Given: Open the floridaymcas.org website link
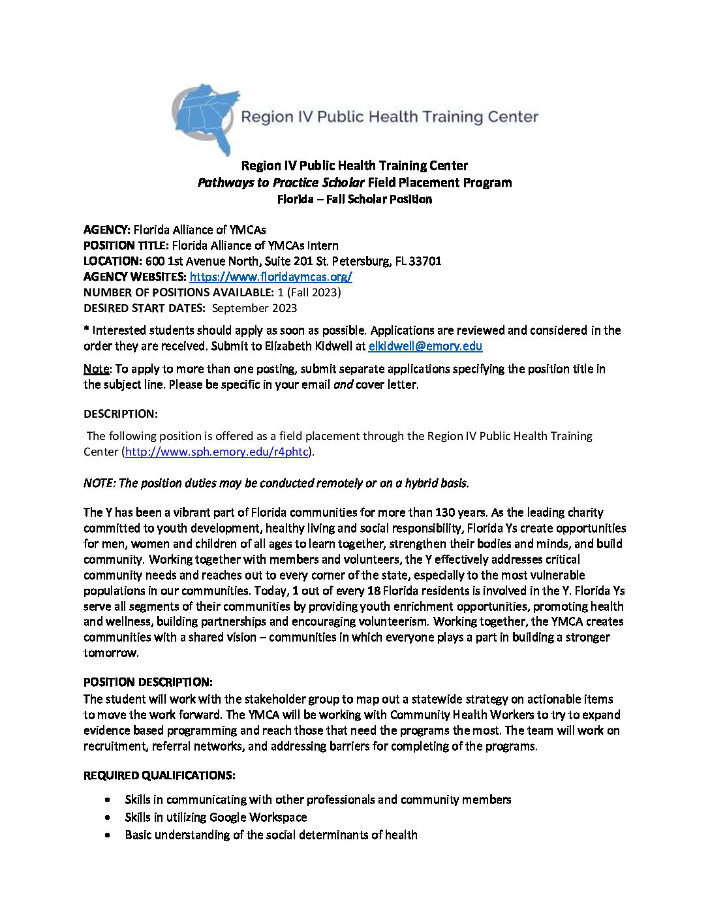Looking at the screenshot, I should pos(271,277).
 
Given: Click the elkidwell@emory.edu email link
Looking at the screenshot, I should pos(425,347).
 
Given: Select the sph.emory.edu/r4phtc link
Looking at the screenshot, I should pos(218,452).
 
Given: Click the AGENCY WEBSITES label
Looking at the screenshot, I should pos(134,277).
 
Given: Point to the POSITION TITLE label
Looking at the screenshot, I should pos(126,245).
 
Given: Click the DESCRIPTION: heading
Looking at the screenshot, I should pos(120,414).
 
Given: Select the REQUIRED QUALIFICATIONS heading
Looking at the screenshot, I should pos(159,775).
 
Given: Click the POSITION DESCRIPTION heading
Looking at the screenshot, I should pos(147,682).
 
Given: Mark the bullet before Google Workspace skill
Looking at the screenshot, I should pos(107,817).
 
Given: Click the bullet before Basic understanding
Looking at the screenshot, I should pos(107,835).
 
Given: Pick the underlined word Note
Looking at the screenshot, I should pos(96,369).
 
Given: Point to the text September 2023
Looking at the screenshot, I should pos(255,308).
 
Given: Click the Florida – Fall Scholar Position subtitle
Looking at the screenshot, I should pos(354,199).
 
